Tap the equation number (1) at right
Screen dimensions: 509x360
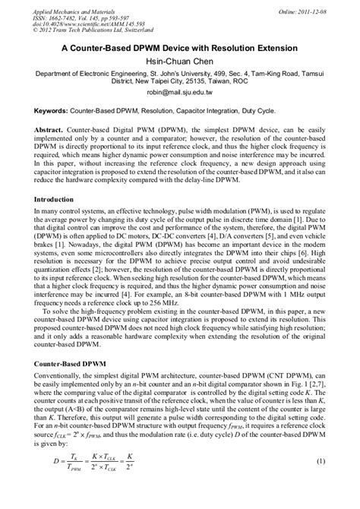pyautogui.click(x=321, y=482)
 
